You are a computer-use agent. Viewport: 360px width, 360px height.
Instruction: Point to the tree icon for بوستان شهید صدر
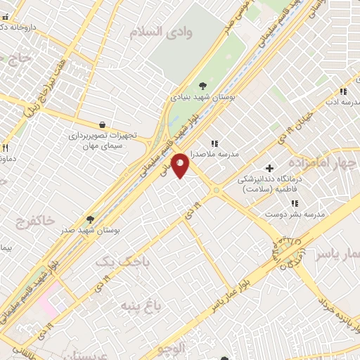(x=89, y=219)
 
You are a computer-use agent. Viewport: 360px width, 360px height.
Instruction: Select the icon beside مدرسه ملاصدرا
(x=214, y=143)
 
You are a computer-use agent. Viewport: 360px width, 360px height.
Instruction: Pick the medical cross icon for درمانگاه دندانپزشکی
(x=269, y=167)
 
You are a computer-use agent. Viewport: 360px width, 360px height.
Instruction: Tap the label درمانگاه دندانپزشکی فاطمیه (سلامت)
(x=270, y=184)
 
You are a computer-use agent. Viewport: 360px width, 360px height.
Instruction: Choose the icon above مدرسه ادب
(x=343, y=91)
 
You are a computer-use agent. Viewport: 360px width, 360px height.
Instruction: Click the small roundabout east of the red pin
(x=216, y=190)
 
